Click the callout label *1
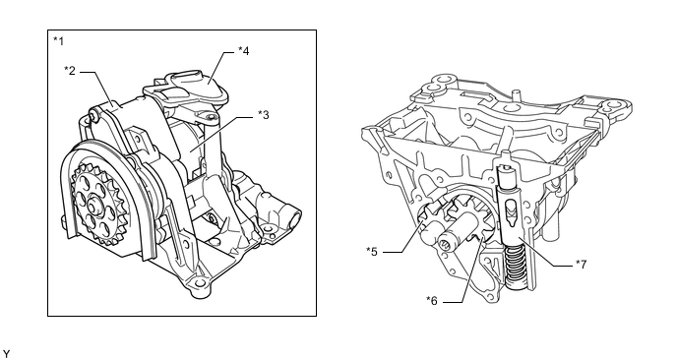[x=58, y=41]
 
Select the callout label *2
[x=70, y=70]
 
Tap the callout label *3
[x=264, y=115]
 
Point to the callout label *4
[x=243, y=51]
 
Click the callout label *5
[x=372, y=251]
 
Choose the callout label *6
[x=432, y=300]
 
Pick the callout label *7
[x=582, y=265]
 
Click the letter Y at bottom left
[x=6, y=354]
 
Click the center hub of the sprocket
[x=94, y=203]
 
